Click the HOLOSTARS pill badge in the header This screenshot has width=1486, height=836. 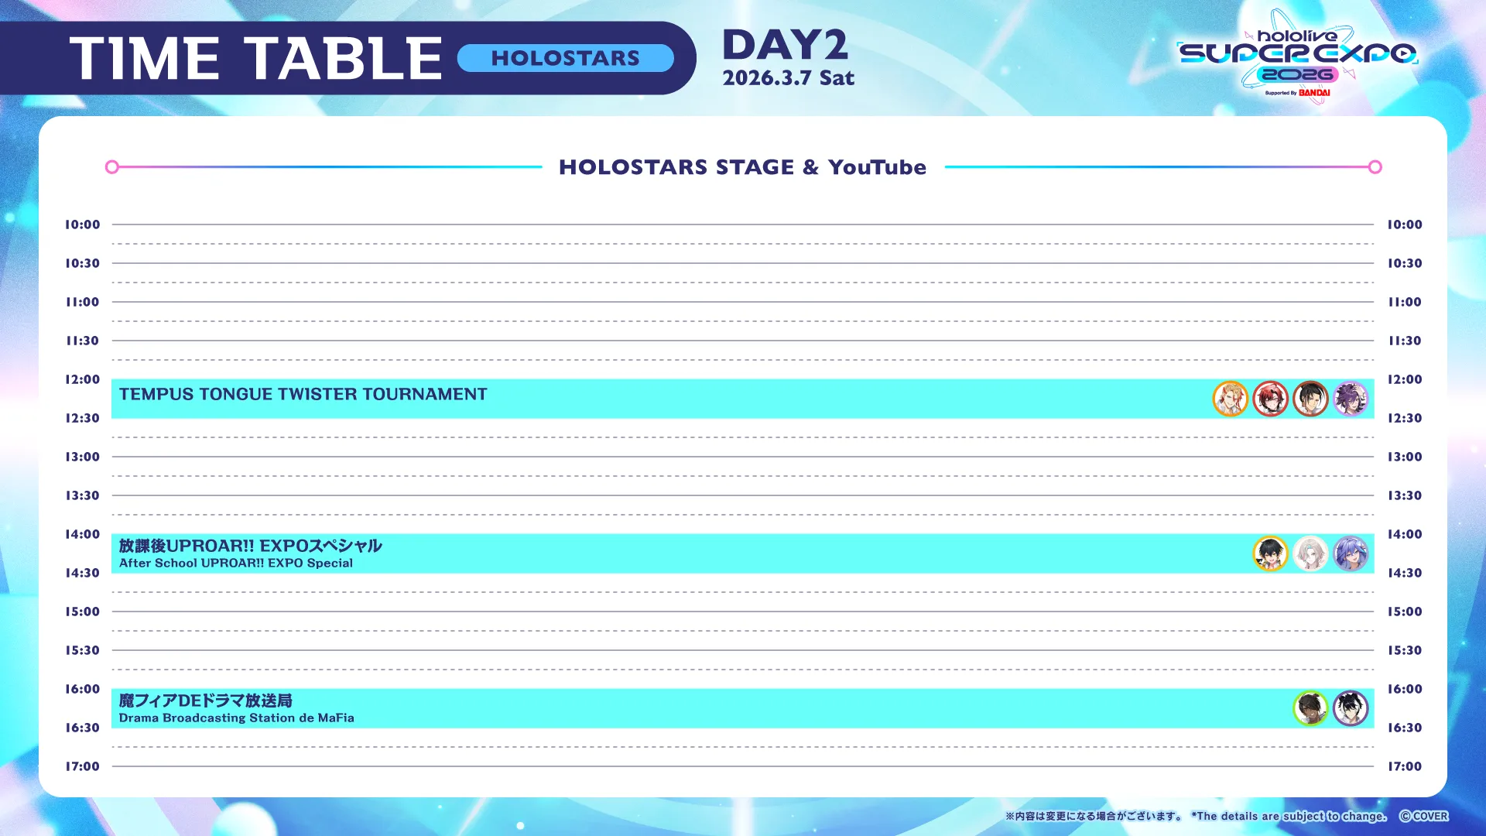(x=565, y=58)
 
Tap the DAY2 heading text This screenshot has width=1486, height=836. (x=786, y=45)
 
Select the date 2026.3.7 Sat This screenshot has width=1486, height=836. (x=789, y=78)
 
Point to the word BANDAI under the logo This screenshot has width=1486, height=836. (x=1314, y=93)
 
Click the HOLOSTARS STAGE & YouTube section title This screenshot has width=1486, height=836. (x=742, y=167)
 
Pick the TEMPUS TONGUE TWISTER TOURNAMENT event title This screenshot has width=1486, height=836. (x=303, y=394)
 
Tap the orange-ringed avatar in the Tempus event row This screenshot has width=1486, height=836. (x=1231, y=399)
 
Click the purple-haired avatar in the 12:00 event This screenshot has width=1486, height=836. (x=1351, y=399)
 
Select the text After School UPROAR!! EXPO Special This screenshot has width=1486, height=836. (x=236, y=564)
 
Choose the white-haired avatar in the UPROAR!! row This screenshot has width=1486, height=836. (x=1310, y=553)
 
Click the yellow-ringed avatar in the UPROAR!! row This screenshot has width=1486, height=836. (x=1270, y=553)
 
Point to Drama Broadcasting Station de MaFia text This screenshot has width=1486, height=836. (x=237, y=718)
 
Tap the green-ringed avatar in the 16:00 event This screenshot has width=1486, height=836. (x=1310, y=708)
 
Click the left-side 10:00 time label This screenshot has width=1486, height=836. (x=82, y=224)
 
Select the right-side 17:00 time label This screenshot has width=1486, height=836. (x=1405, y=766)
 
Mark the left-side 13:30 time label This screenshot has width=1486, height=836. (x=82, y=495)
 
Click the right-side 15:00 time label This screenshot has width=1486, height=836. (x=1405, y=612)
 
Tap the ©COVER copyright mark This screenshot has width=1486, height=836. (x=1423, y=816)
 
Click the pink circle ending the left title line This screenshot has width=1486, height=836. (x=112, y=167)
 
